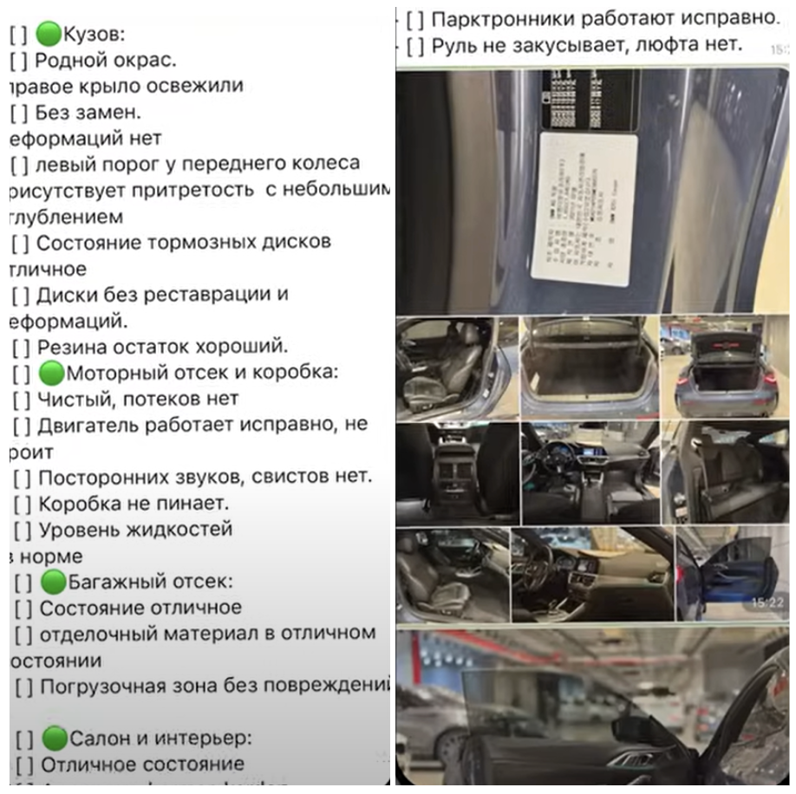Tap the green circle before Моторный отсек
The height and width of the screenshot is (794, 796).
[x=52, y=374]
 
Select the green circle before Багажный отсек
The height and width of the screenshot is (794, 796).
[x=54, y=581]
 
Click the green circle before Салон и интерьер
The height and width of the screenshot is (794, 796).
[x=55, y=739]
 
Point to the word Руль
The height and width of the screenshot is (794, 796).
[x=453, y=42]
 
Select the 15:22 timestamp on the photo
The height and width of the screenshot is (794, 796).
[x=767, y=601]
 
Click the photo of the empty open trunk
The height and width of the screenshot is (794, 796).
[x=589, y=367]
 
